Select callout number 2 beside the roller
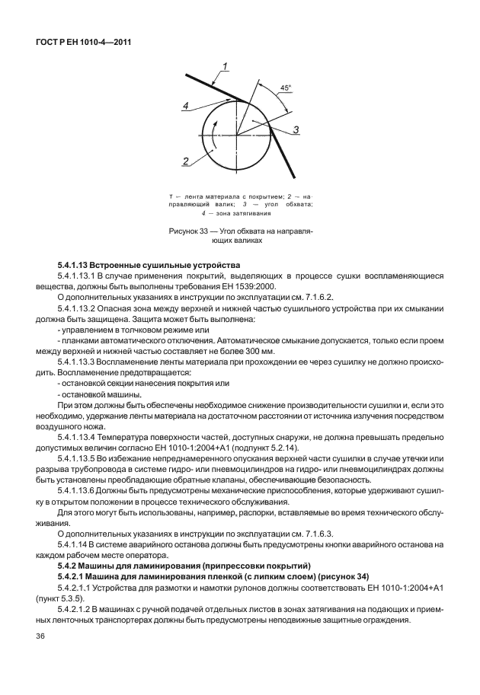pos(186,161)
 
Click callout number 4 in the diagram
pos(185,107)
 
